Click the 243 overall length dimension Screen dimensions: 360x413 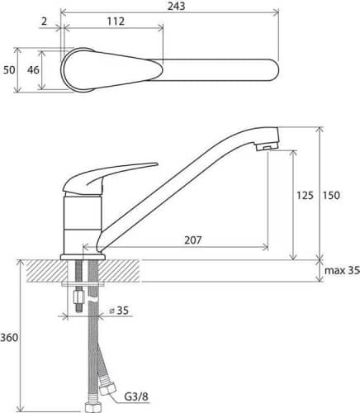[x=177, y=6]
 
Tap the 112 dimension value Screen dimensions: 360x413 [x=116, y=21]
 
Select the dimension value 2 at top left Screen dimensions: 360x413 [x=45, y=21]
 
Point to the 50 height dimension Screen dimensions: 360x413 [x=9, y=70]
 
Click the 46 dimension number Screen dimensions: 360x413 [x=33, y=70]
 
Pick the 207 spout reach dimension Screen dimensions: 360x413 [x=193, y=240]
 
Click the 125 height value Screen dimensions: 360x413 [x=305, y=196]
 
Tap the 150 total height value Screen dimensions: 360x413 [x=331, y=196]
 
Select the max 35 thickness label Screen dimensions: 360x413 [x=342, y=271]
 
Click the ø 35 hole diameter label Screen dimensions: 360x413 [x=119, y=311]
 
